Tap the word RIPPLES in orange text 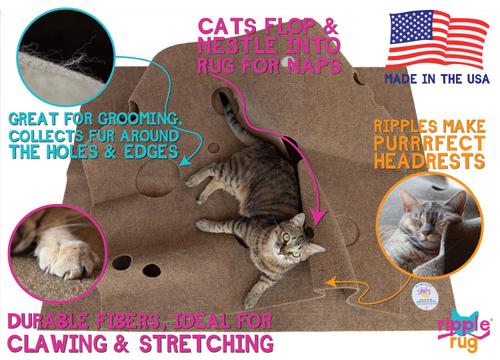406,127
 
